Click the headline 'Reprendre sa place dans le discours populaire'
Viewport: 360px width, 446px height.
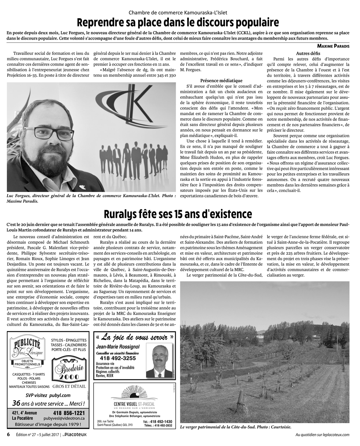tap(178, 22)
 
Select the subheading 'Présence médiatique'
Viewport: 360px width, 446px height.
tap(221, 80)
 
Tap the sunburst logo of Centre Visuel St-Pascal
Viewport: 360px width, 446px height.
tap(132, 393)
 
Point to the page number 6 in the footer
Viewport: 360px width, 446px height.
tap(8, 434)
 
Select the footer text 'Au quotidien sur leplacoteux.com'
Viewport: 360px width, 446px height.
tap(322, 434)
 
